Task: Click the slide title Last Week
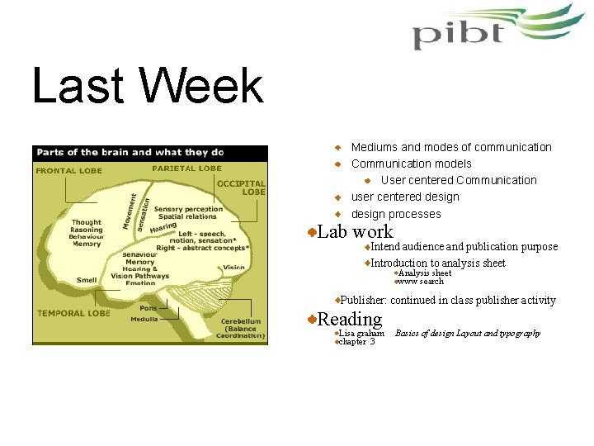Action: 148,87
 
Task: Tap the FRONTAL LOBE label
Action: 68,171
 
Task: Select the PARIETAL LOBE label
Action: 186,168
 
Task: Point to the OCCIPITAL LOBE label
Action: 242,187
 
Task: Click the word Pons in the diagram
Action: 148,307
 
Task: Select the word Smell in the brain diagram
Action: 87,280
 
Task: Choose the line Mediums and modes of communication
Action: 451,147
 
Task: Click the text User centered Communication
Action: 458,180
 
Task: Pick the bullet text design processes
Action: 396,214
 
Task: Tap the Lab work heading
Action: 355,232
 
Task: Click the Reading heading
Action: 350,319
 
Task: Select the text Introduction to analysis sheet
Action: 437,263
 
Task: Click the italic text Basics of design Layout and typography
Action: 468,334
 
